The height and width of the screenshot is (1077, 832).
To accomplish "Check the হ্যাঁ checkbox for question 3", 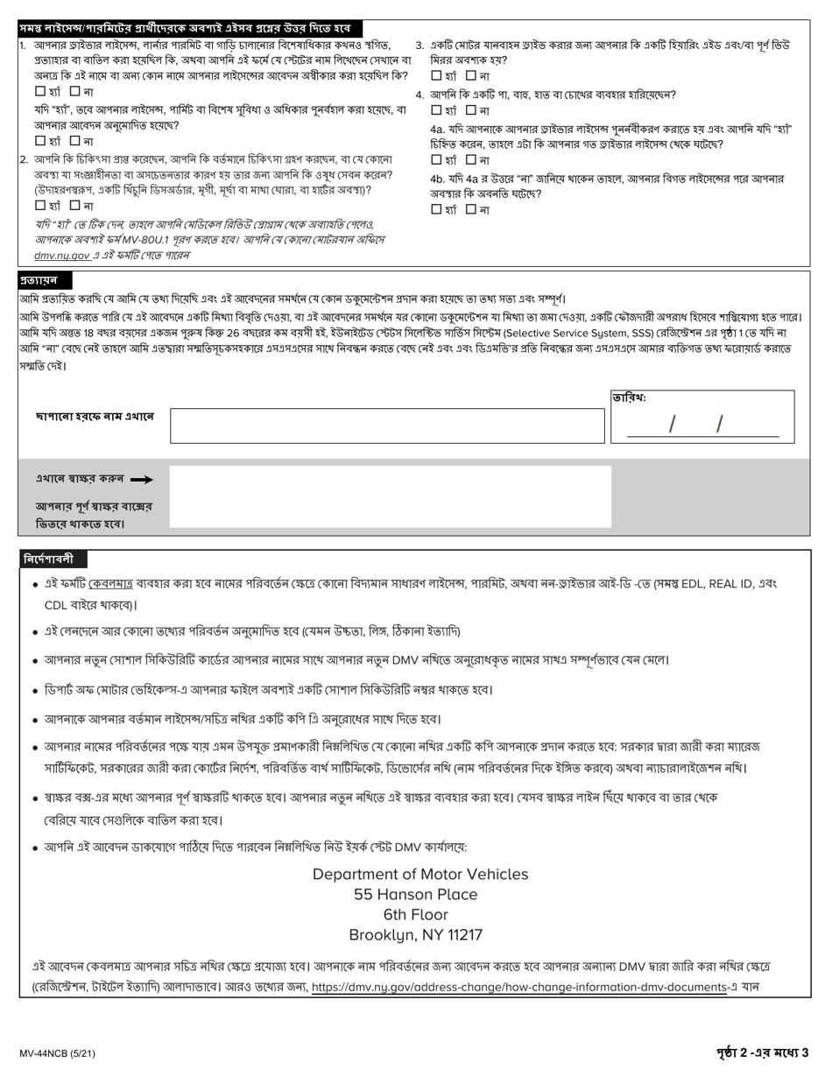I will pos(436,75).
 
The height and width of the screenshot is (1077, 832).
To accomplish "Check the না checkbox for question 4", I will pos(471,110).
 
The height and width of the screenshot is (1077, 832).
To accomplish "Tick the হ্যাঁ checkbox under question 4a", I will pos(436,159).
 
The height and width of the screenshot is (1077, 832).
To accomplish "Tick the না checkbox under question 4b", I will pos(471,209).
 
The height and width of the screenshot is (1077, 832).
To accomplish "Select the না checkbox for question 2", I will pos(74,205).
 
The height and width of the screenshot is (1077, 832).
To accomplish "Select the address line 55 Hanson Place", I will pos(416,894).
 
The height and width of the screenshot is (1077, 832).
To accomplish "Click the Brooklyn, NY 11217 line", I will pos(416,934).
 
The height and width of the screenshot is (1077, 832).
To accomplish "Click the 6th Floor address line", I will pos(416,914).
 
